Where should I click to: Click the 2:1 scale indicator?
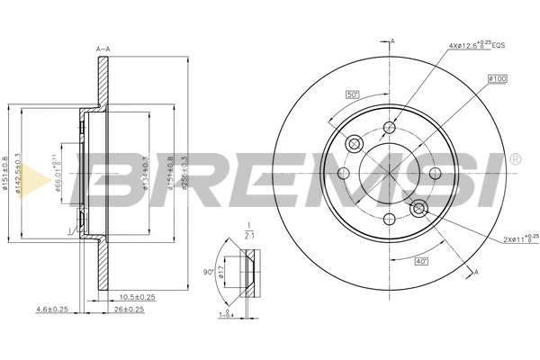(251, 235)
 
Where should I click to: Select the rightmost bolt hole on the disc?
(436, 174)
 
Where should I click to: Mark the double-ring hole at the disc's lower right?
(418, 209)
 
